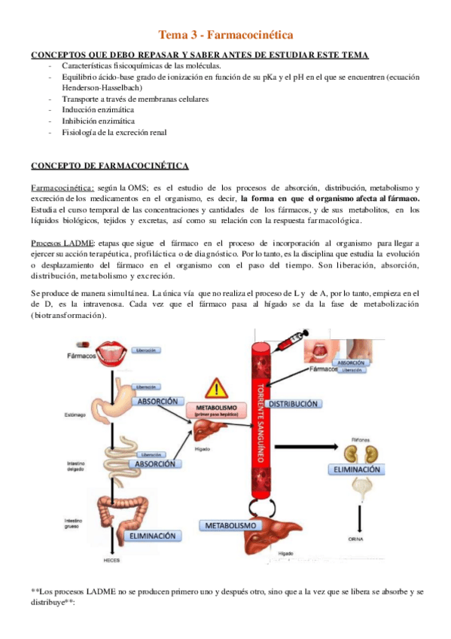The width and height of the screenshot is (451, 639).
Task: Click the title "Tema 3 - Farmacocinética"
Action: pyautogui.click(x=225, y=35)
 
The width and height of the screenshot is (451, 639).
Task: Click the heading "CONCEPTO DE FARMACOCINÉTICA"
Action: pyautogui.click(x=109, y=166)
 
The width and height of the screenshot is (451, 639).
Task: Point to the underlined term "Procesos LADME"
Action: pyautogui.click(x=62, y=243)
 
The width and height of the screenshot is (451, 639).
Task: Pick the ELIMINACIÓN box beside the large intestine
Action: pyautogui.click(x=154, y=536)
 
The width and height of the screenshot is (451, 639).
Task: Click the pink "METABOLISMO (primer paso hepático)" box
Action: pyautogui.click(x=216, y=411)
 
